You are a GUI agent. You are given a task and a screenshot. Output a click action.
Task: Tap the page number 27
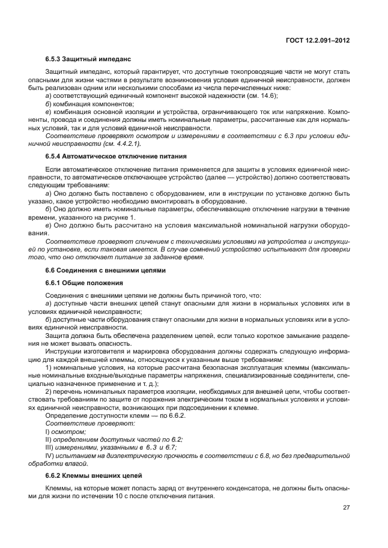(x=346, y=508)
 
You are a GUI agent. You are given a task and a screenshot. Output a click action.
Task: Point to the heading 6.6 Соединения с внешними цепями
(x=100, y=270)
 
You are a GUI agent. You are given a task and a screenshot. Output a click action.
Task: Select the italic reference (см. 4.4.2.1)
(x=120, y=143)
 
